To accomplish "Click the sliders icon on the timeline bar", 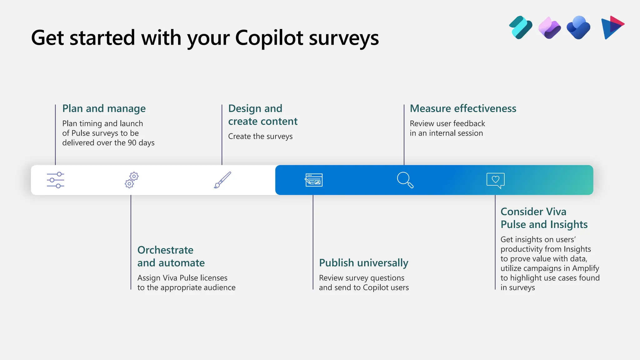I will [56, 180].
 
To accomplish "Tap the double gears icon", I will [132, 180].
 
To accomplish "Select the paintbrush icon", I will [222, 180].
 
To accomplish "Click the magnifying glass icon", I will [405, 180].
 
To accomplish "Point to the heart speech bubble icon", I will [496, 180].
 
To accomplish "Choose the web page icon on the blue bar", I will [314, 180].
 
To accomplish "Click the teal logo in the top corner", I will [521, 27].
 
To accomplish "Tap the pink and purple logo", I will [549, 27].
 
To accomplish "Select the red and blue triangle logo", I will [612, 27].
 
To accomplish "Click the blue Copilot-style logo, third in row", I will [578, 27].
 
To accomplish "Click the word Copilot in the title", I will [269, 38].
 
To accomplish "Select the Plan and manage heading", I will [104, 108].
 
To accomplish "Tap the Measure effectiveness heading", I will [463, 108].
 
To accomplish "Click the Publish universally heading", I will [363, 263].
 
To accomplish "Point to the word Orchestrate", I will [165, 250].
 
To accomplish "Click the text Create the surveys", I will [260, 136].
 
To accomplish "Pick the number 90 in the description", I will [132, 143].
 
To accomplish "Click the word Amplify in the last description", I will [585, 268].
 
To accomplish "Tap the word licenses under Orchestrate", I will [214, 278].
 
